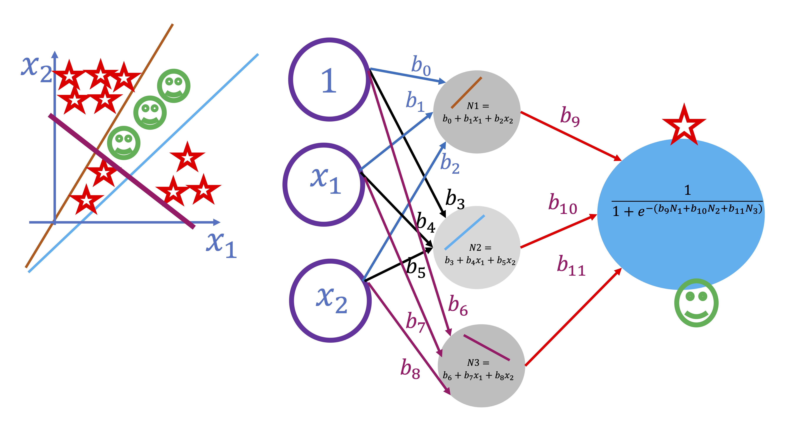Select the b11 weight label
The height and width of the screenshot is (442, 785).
571,265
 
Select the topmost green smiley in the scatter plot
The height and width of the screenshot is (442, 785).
174,86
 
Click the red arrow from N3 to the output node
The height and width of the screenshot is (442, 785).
573,317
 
